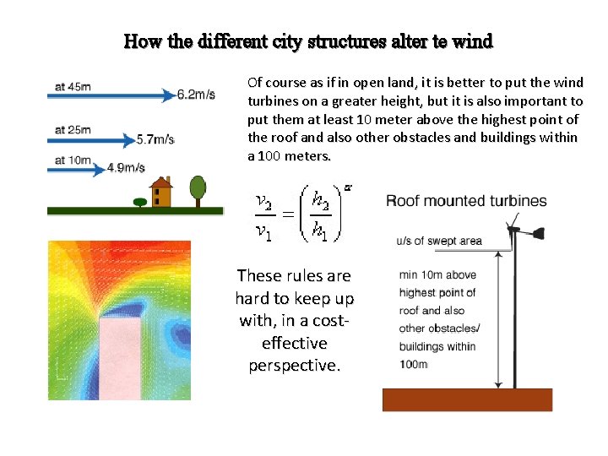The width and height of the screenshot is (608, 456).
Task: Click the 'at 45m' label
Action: [73, 86]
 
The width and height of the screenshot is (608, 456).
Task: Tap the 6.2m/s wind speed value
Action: [196, 95]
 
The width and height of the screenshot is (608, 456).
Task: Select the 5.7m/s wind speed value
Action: [155, 138]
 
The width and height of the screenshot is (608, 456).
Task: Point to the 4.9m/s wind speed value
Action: [126, 167]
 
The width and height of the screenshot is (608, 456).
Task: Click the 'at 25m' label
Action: [73, 129]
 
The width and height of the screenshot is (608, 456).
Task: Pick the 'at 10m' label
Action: [73, 160]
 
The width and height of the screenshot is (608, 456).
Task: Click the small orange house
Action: [160, 193]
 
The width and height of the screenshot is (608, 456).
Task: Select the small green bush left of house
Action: [139, 201]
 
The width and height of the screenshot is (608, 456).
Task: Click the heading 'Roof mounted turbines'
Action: [466, 201]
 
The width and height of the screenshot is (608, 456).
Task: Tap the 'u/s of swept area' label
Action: [439, 241]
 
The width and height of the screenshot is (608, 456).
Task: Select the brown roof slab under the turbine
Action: [467, 399]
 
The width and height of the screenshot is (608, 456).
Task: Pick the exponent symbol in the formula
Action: [347, 187]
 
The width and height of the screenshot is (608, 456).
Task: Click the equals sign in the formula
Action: [289, 218]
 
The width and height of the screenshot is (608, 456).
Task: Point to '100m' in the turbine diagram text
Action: [413, 364]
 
